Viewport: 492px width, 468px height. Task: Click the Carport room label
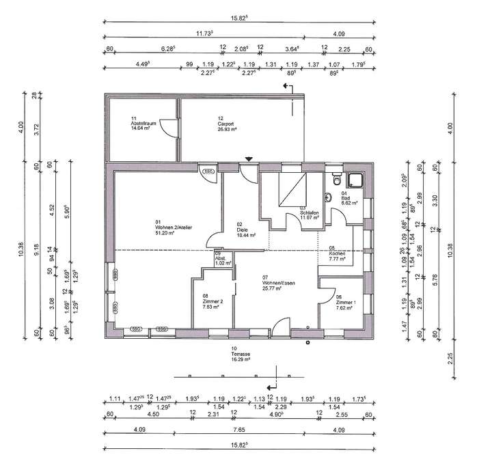[x=225, y=122]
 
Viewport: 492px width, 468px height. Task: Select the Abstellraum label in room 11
[x=143, y=122]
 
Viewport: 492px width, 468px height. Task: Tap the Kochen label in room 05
[x=337, y=253]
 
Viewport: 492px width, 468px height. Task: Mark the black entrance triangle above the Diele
[x=249, y=160]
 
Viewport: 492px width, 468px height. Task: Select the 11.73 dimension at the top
[x=204, y=31]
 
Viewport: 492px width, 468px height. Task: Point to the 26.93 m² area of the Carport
[x=227, y=128]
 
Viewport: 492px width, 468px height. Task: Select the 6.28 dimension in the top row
[x=167, y=49]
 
